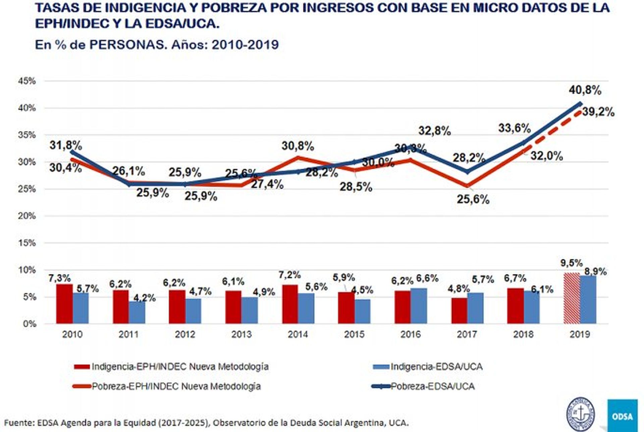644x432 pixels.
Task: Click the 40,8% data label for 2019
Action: coord(585,90)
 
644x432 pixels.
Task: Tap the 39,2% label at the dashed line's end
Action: coord(598,112)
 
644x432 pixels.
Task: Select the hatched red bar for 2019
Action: coord(571,298)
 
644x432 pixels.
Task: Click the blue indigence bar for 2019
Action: coord(588,300)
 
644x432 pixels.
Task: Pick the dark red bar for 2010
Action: coord(64,304)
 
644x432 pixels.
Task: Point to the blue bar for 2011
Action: coord(137,313)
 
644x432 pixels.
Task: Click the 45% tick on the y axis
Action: coord(27,81)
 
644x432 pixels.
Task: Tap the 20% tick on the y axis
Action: coord(27,216)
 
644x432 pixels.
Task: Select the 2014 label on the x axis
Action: coord(298,334)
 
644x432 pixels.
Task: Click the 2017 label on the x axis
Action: coord(467,334)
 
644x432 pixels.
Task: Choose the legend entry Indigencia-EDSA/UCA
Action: coord(436,367)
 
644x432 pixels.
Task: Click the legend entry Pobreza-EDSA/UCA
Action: coord(432,386)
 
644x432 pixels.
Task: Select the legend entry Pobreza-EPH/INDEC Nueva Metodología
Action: coord(176,386)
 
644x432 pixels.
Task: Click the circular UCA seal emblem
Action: coord(580,413)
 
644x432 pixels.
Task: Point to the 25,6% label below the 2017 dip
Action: coord(473,200)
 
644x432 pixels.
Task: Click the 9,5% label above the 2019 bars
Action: coord(571,263)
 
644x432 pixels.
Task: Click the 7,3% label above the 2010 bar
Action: coord(59,278)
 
